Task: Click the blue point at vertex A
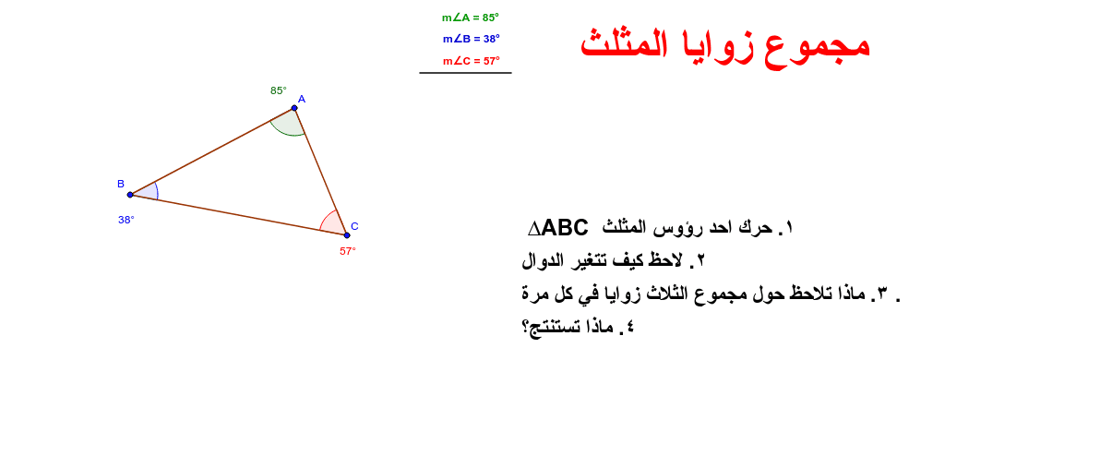(x=294, y=108)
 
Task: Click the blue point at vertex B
(x=130, y=195)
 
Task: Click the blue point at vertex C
(x=347, y=235)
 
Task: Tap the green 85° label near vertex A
(x=279, y=90)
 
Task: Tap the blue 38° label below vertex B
(x=126, y=220)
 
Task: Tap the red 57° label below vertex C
(x=348, y=251)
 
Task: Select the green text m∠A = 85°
(x=470, y=18)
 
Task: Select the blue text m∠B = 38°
(x=472, y=39)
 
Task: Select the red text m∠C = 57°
(x=472, y=61)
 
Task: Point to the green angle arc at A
(x=286, y=134)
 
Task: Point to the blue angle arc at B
(x=157, y=191)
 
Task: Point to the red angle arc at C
(x=326, y=217)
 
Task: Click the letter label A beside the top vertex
(x=302, y=100)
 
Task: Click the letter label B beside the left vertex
(x=121, y=184)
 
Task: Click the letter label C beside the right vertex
(x=354, y=226)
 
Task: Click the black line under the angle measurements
(x=465, y=73)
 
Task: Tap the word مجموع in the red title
(x=816, y=47)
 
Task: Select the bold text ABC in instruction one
(x=565, y=228)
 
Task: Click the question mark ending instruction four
(x=526, y=327)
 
